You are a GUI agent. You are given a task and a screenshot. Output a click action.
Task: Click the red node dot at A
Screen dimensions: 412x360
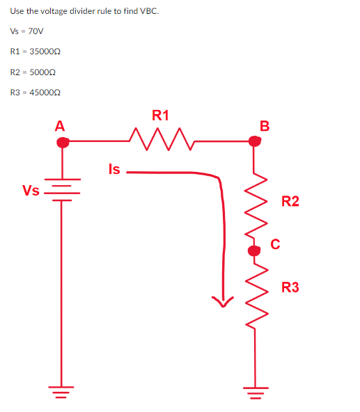63,142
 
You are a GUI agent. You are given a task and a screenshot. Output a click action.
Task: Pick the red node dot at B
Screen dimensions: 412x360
256,141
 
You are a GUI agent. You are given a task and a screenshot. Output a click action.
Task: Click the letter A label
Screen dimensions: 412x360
60,126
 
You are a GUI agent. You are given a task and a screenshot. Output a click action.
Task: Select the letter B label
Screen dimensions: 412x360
264,126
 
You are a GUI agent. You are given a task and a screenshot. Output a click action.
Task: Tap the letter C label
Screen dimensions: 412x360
276,244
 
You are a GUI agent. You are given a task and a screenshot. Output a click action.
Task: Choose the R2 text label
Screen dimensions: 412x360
290,202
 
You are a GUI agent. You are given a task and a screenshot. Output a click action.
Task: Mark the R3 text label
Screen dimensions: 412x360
290,287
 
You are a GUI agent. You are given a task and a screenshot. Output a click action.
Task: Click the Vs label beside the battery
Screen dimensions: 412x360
30,191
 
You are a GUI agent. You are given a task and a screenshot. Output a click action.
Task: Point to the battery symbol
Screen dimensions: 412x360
63,189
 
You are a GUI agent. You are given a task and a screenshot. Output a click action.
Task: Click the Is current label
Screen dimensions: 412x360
114,168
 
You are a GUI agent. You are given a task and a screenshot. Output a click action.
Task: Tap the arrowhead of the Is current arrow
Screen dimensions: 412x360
224,301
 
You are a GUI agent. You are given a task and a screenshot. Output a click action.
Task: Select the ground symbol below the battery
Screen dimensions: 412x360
63,394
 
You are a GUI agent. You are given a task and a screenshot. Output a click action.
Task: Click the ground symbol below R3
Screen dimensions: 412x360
255,394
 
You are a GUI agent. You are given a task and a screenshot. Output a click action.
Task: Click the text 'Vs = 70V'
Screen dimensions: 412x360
27,31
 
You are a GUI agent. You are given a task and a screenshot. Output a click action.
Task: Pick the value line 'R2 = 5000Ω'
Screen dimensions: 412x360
33,72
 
